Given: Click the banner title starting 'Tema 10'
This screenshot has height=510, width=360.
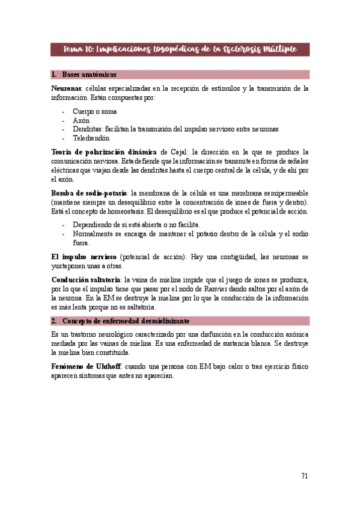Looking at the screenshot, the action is click(x=180, y=49).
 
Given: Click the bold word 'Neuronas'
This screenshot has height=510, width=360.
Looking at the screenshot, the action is click(x=67, y=88).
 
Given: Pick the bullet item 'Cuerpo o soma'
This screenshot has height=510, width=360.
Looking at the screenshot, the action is click(x=94, y=111).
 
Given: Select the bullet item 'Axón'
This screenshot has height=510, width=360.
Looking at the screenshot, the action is click(x=81, y=120).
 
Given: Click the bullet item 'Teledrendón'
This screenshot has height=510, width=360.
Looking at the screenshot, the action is click(x=91, y=138).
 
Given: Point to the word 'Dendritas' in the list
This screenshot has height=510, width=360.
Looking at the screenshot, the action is click(x=87, y=129).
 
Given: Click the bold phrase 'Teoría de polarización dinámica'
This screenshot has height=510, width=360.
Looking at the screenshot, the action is click(x=105, y=152).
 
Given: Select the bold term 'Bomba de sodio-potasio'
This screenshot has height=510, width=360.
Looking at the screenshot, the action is click(x=89, y=193).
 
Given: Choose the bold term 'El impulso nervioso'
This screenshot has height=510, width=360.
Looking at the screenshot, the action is click(x=85, y=257).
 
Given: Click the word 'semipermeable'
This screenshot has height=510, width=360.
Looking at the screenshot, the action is click(x=284, y=193).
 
